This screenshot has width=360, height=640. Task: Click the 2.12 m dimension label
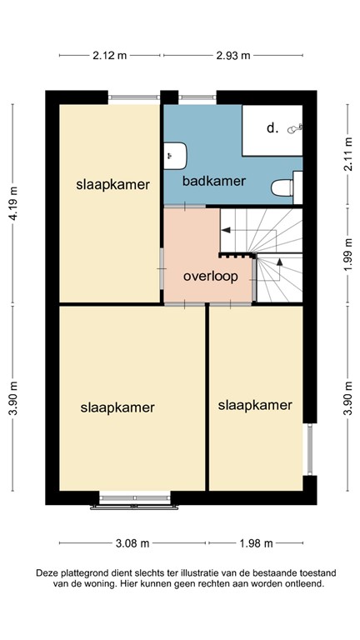110,57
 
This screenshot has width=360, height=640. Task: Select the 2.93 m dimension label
232,57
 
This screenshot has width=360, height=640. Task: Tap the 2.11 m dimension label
347,154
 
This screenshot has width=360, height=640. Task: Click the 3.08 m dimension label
132,543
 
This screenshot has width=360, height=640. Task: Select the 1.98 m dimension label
256,543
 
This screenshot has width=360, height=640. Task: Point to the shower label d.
272,129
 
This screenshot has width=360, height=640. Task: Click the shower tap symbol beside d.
293,129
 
